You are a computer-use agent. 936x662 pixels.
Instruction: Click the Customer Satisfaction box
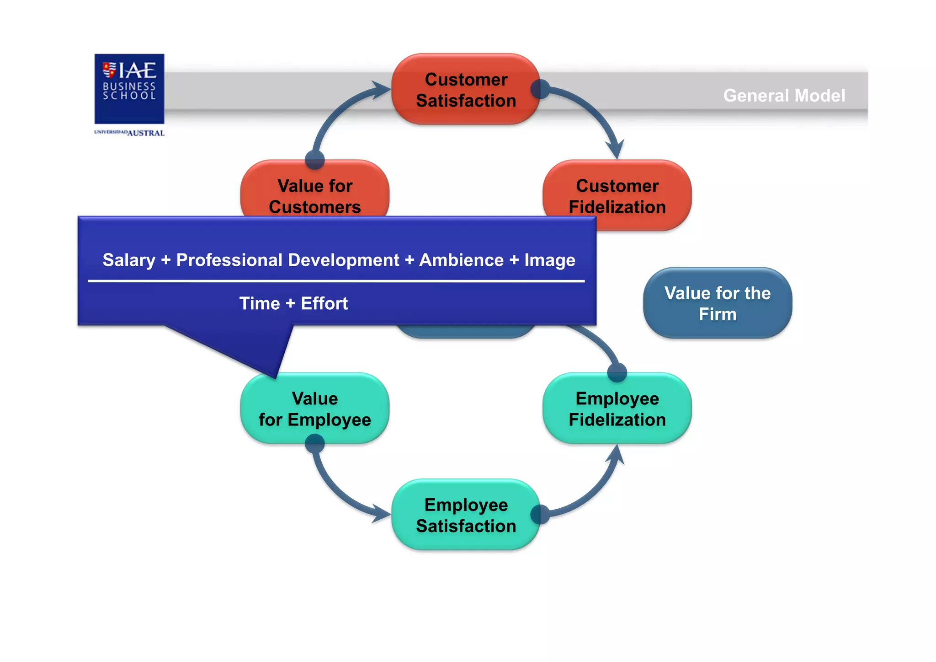click(466, 90)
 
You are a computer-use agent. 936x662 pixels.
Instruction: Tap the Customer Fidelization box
click(617, 196)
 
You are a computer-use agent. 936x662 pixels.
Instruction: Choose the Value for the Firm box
click(717, 303)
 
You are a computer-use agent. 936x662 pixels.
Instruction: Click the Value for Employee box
click(315, 409)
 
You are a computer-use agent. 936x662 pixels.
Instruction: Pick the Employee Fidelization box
click(617, 409)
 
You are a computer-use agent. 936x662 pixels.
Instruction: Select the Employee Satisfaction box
click(466, 515)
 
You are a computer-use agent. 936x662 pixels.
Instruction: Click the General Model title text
click(784, 96)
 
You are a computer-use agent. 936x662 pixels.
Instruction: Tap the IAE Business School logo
click(129, 89)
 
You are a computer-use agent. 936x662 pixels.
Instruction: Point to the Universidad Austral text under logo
click(129, 133)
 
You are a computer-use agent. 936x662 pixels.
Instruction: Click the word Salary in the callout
click(129, 260)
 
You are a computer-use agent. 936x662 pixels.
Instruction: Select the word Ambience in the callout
click(461, 260)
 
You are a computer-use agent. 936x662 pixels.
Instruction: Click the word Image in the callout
click(549, 260)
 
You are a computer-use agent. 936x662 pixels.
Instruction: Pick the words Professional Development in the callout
click(287, 260)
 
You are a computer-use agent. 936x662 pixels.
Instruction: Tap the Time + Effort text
click(293, 303)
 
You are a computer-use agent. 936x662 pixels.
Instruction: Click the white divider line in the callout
click(336, 281)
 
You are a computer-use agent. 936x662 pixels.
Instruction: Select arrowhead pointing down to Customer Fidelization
click(616, 150)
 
